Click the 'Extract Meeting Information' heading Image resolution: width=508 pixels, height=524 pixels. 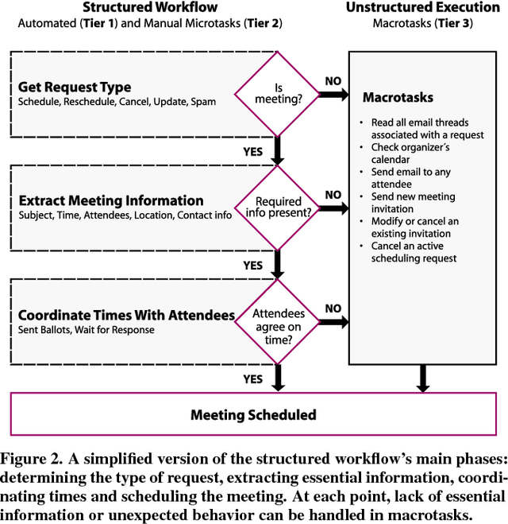click(110, 200)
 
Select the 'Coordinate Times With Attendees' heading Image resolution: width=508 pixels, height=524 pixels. click(126, 315)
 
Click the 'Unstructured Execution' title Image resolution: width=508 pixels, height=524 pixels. click(422, 8)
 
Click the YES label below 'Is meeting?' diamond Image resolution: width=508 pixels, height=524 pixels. click(253, 150)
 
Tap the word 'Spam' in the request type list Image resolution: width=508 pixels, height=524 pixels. click(202, 103)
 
